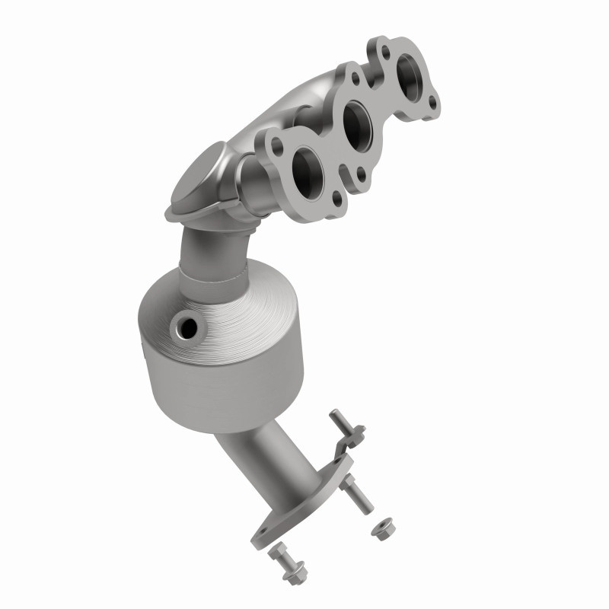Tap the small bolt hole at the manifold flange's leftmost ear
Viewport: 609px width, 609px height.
(x=266, y=142)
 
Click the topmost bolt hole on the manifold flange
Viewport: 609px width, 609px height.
(x=385, y=52)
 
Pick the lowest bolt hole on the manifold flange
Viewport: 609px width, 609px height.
(x=336, y=200)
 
